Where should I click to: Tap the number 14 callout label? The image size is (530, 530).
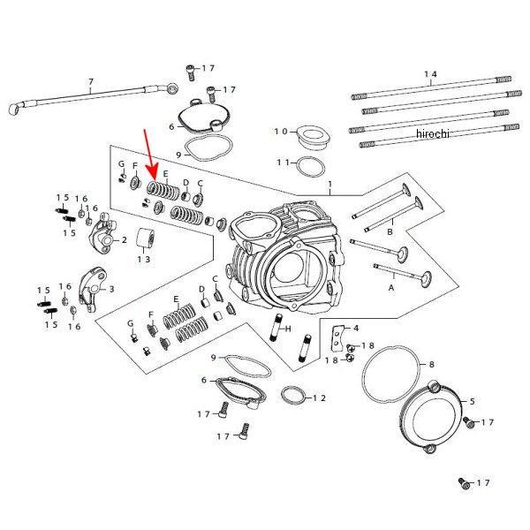pyautogui.click(x=431, y=75)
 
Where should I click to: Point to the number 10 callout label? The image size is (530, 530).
pyautogui.click(x=280, y=132)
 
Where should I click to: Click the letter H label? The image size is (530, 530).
pyautogui.click(x=288, y=329)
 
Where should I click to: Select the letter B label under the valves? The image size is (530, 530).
pyautogui.click(x=389, y=232)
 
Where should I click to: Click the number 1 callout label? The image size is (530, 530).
pyautogui.click(x=329, y=185)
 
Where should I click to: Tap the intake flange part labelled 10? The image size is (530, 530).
pyautogui.click(x=313, y=138)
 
